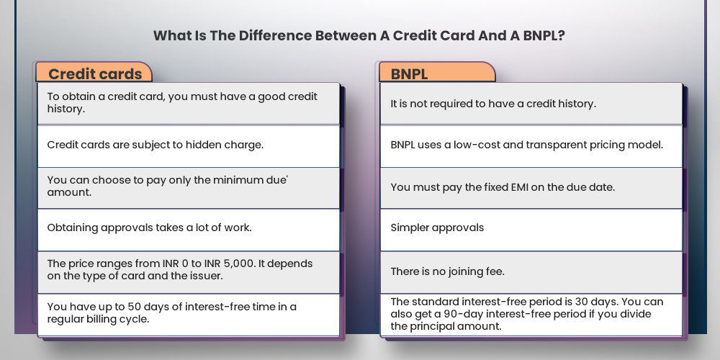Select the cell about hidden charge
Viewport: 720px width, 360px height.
(x=155, y=145)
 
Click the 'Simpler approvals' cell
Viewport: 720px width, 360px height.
(x=437, y=228)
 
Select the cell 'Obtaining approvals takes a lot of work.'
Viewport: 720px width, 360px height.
(x=149, y=228)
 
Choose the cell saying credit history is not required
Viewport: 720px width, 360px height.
(x=492, y=104)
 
